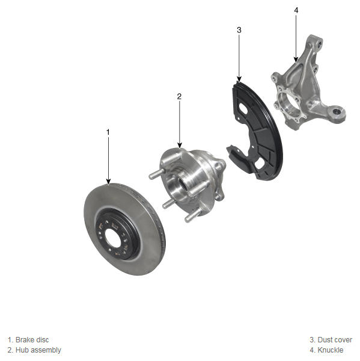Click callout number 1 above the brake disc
point(108,132)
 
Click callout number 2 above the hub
point(179,96)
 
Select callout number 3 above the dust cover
point(239,30)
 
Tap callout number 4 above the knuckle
point(296,10)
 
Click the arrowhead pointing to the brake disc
point(108,182)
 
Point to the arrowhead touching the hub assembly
point(180,145)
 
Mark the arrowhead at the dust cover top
point(239,79)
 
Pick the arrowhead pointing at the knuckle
point(296,60)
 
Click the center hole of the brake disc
point(113,238)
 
